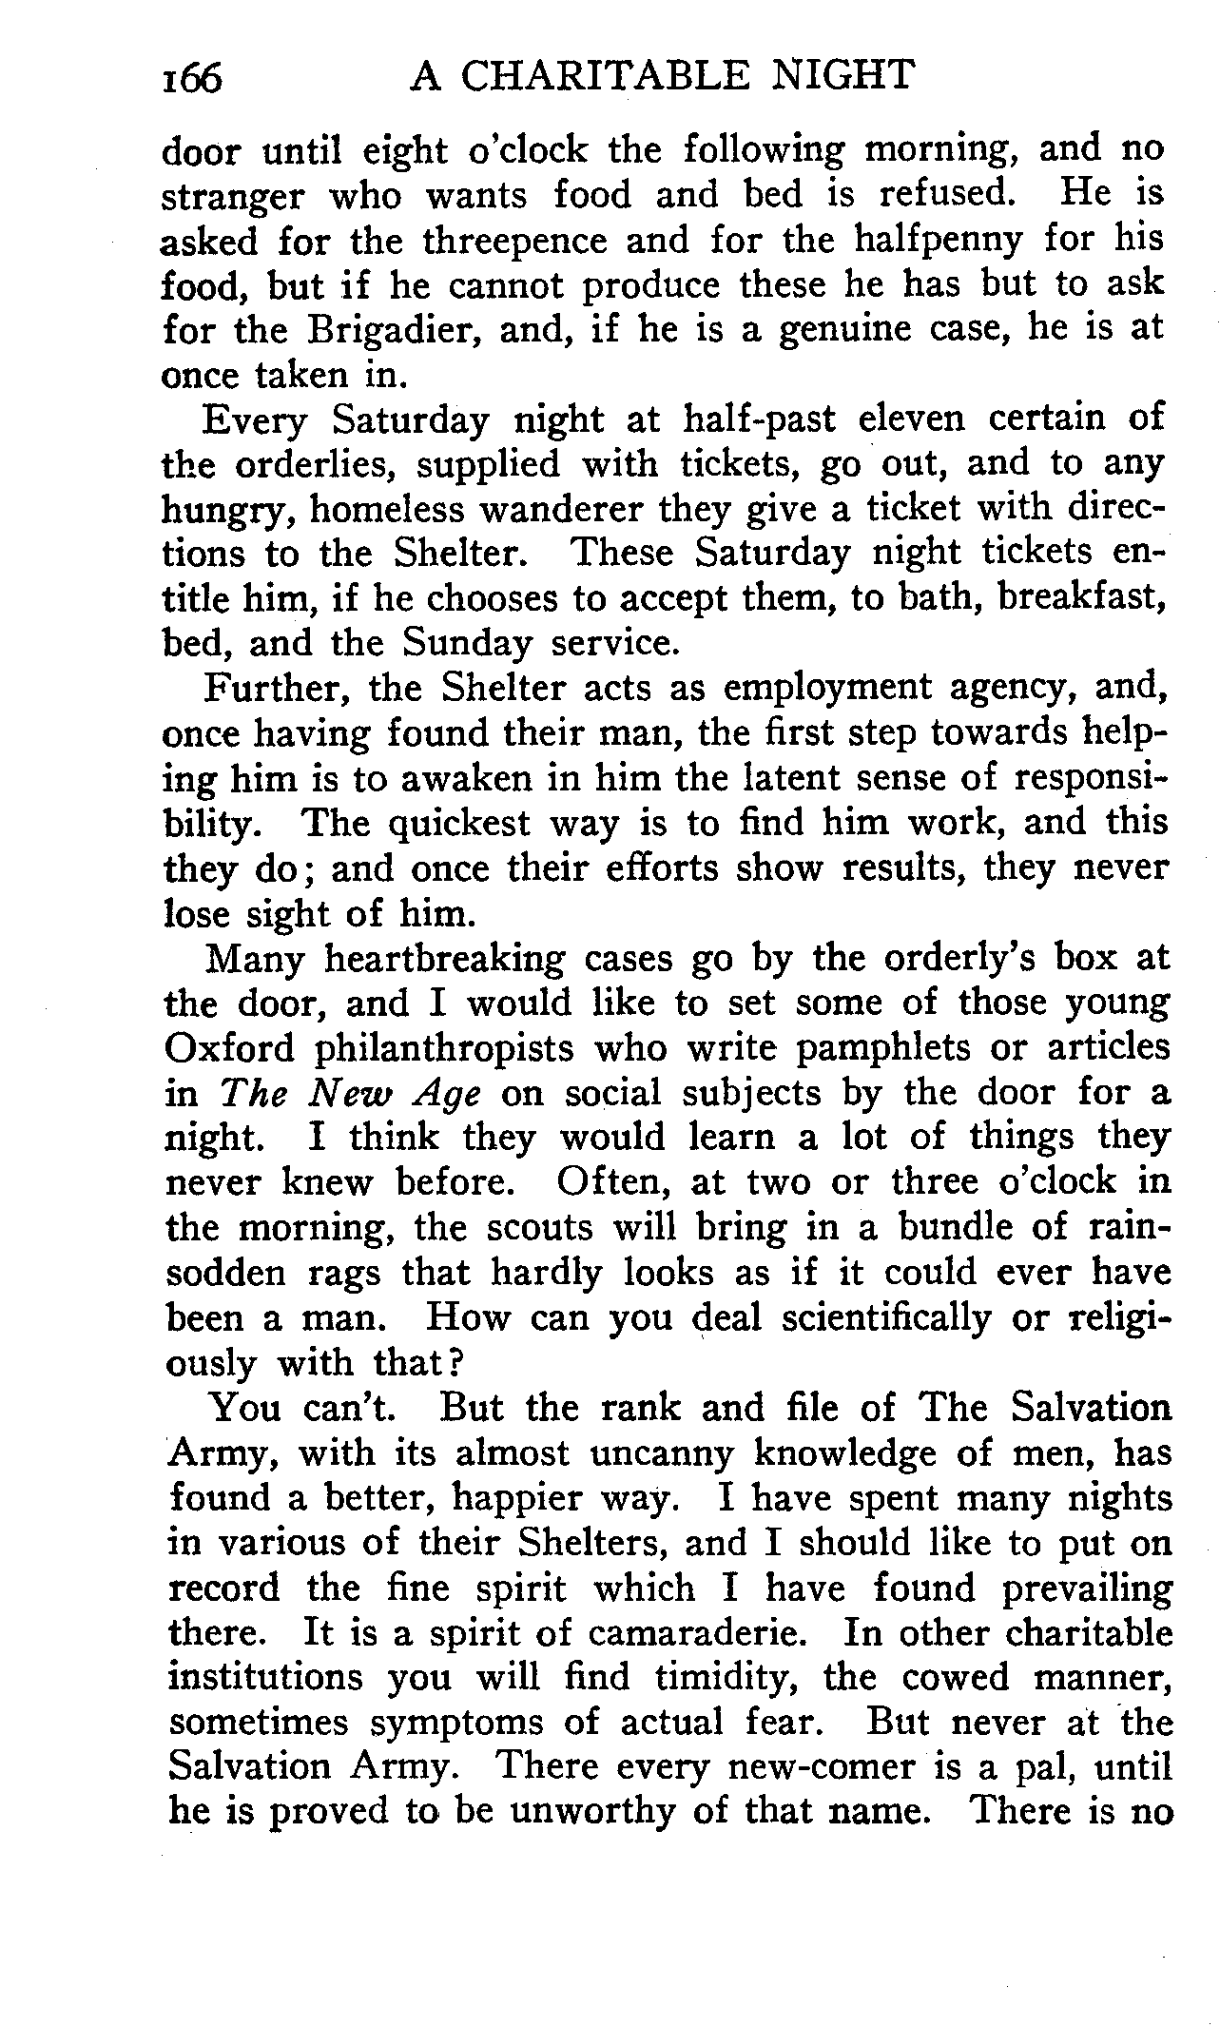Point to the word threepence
514,241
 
